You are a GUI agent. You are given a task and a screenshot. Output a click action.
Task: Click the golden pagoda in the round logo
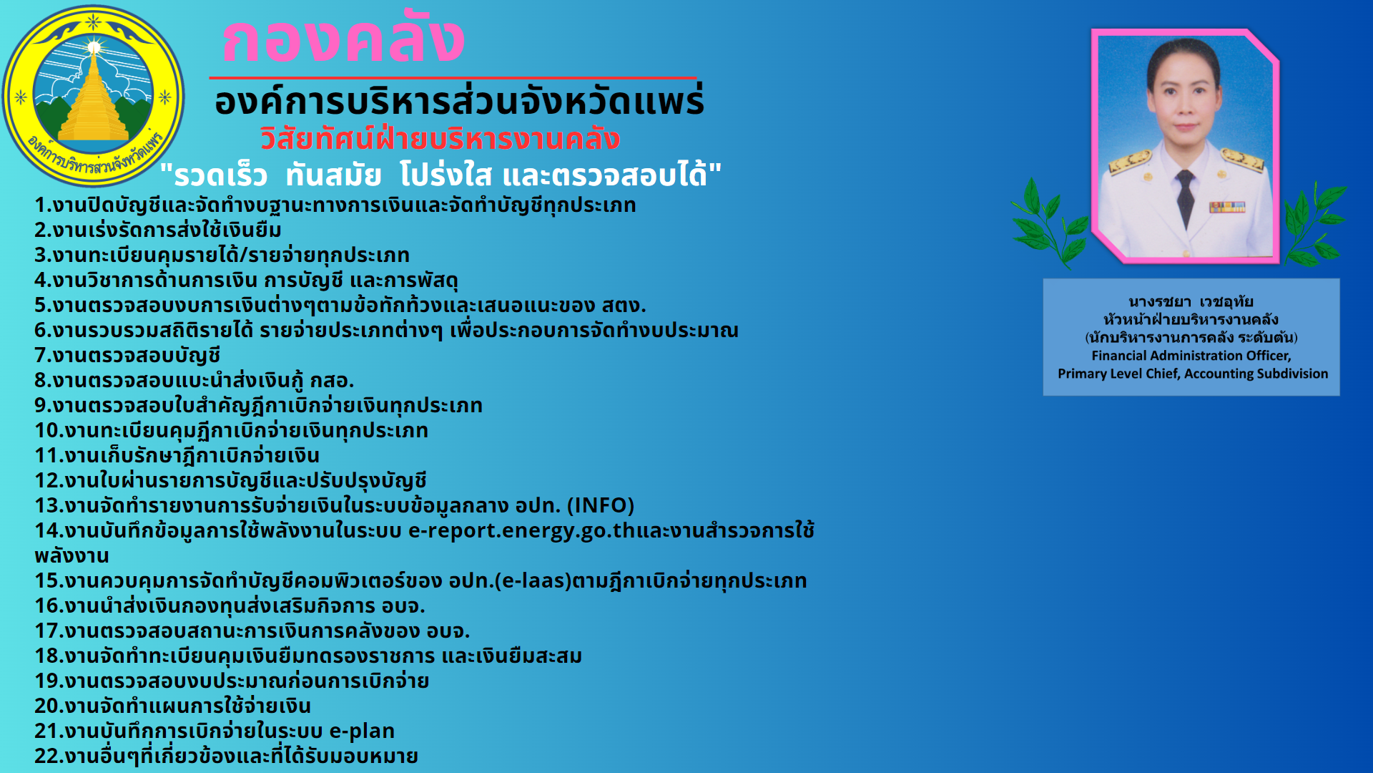point(94,97)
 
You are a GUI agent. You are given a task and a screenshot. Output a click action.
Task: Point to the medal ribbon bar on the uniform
point(1227,207)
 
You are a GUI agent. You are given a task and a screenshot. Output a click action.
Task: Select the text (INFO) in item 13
point(601,505)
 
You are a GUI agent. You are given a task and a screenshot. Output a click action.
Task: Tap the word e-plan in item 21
point(362,731)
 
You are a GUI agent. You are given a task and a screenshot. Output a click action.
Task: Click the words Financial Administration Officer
point(1191,356)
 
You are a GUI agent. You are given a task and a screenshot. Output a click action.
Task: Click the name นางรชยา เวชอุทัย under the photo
point(1191,301)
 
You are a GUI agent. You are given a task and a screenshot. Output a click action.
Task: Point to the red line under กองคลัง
point(453,77)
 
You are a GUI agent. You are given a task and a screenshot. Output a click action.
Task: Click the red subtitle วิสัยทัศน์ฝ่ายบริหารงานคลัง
point(440,139)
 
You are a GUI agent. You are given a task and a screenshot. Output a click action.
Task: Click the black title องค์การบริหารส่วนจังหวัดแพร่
point(459,101)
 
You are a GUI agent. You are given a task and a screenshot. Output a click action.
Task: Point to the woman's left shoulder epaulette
point(1243,159)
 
